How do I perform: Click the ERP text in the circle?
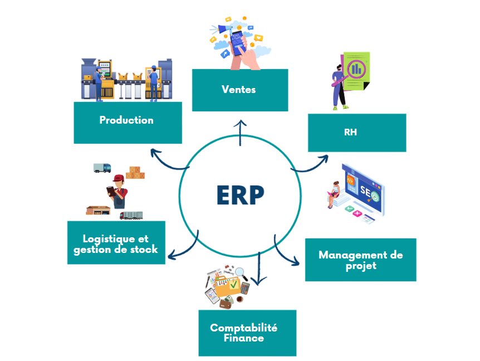(x=240, y=194)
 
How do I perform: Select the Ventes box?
(x=239, y=90)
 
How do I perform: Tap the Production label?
(x=126, y=120)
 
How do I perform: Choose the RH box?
(x=356, y=133)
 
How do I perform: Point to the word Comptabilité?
(x=243, y=328)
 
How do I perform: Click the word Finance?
(x=243, y=338)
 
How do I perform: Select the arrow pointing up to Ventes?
(x=241, y=131)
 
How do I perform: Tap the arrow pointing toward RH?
(x=311, y=163)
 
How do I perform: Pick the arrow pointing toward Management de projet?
(x=286, y=253)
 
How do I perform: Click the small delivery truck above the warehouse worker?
(x=102, y=167)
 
